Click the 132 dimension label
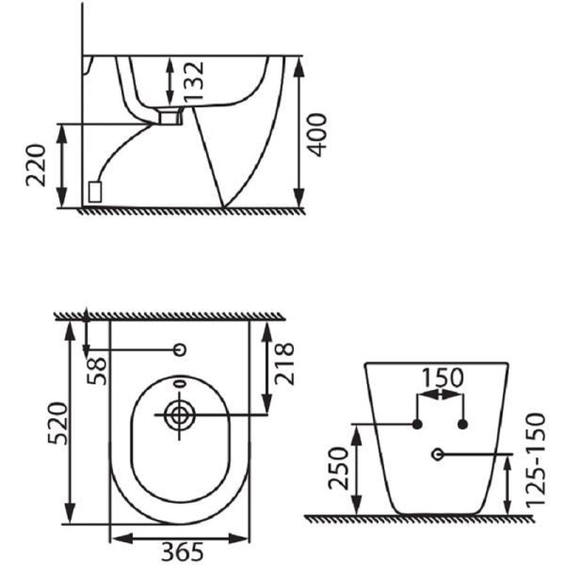pyautogui.click(x=193, y=81)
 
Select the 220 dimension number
pyautogui.click(x=36, y=166)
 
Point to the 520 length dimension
pyautogui.click(x=57, y=424)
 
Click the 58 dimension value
pyautogui.click(x=97, y=371)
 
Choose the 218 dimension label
pyautogui.click(x=284, y=363)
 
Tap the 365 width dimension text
pyautogui.click(x=182, y=552)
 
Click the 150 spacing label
pyautogui.click(x=443, y=378)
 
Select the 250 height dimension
pyautogui.click(x=339, y=468)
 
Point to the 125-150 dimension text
pyautogui.click(x=536, y=460)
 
